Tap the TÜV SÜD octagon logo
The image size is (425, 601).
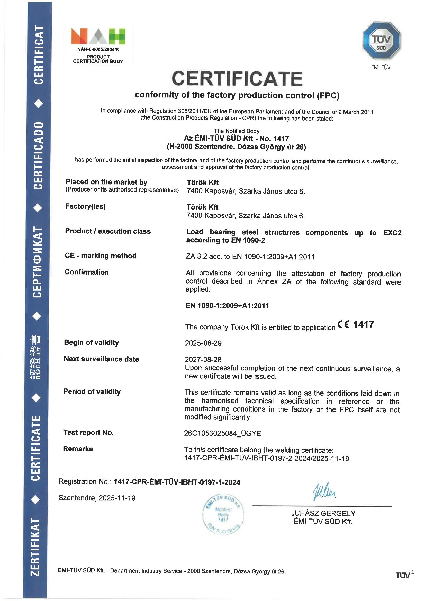[381, 41]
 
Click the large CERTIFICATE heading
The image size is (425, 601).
[237, 78]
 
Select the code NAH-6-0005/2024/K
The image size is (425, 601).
[98, 49]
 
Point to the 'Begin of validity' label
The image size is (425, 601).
[91, 342]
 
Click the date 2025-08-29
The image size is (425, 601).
[203, 343]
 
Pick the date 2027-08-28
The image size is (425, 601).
[203, 359]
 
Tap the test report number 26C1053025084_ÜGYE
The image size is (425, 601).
[222, 433]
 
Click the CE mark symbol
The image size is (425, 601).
[343, 325]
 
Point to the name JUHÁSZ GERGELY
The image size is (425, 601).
[323, 513]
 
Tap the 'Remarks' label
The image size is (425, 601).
[78, 449]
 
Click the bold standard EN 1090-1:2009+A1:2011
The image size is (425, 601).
[227, 305]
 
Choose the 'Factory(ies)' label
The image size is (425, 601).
[85, 206]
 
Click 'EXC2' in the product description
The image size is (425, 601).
[392, 233]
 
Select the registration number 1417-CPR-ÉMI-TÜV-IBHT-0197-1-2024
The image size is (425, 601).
[177, 482]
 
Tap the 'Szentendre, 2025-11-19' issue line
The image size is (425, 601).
[97, 498]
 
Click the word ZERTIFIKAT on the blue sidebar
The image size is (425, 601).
[36, 547]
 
